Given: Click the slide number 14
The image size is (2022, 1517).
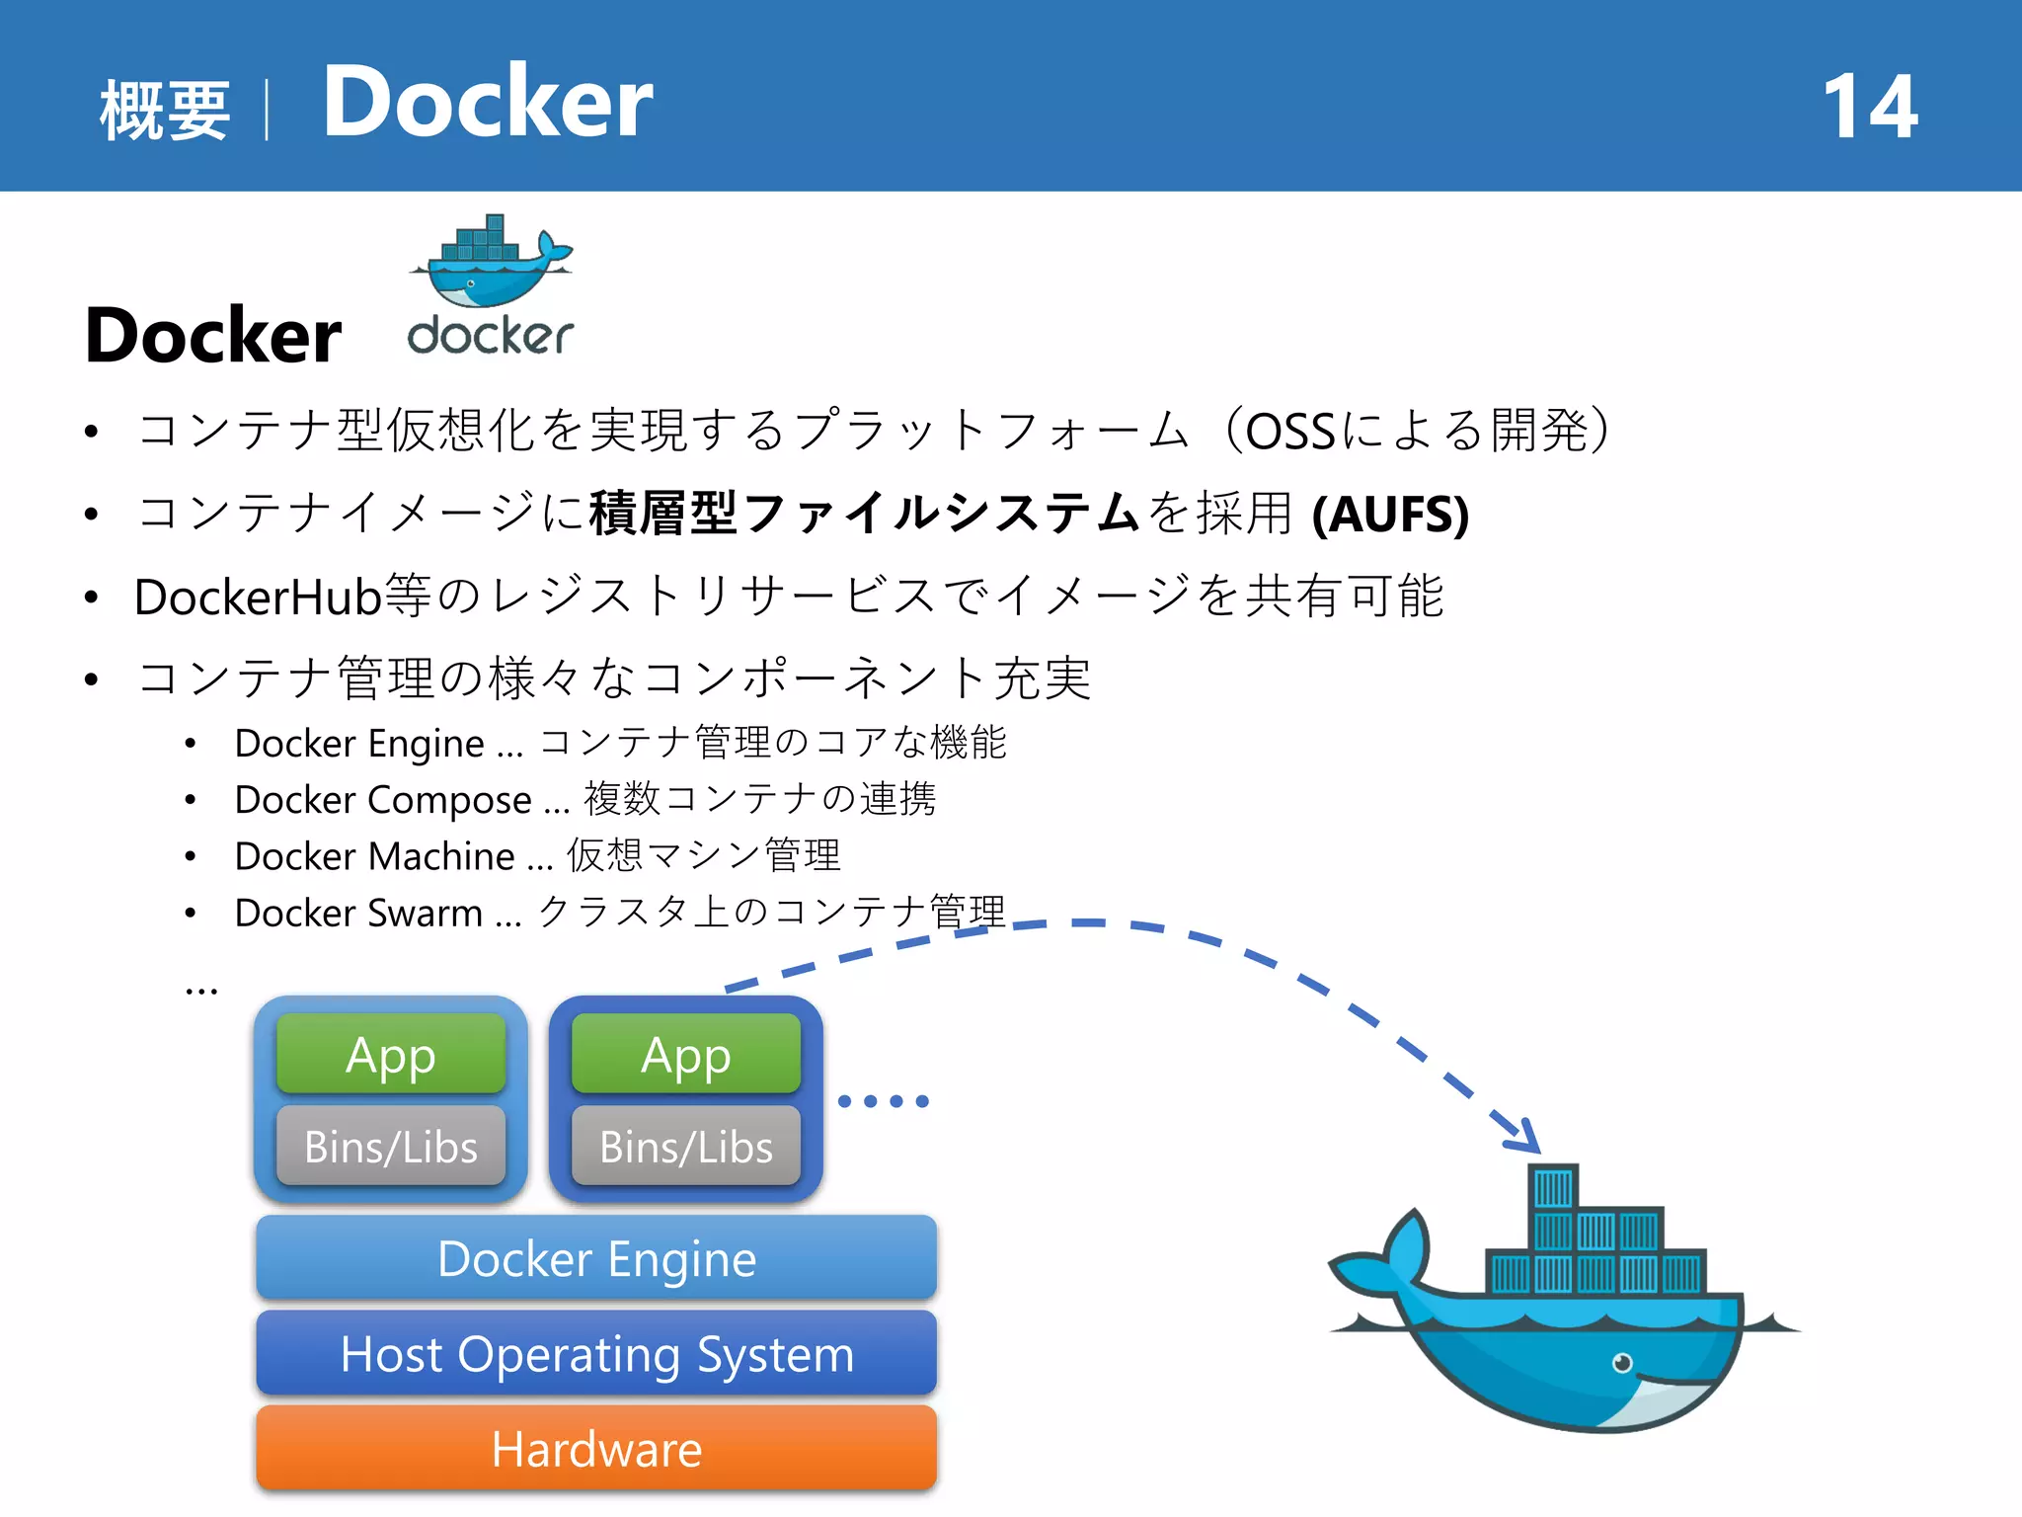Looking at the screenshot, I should coord(1869,107).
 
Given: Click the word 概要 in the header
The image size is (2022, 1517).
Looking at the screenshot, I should coord(165,110).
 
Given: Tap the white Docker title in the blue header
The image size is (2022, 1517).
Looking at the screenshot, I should coord(488,102).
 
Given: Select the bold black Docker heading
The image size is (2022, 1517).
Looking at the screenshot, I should coord(213,336).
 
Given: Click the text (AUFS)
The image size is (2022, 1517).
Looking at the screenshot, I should coord(1390,514).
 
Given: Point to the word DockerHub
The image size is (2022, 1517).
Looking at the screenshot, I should coord(258,597).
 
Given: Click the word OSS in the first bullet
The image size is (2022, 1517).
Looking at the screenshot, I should coord(1289,432).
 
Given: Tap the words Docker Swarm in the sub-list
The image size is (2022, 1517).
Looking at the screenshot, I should coord(358,913).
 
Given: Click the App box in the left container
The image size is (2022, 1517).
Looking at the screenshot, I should coord(391,1055).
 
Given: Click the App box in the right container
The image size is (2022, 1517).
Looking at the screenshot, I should coord(686,1055).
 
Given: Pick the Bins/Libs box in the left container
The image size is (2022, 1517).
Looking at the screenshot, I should coord(391,1147).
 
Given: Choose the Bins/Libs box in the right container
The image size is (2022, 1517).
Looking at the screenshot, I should coord(686,1147).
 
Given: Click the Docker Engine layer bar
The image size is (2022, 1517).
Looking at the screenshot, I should coord(596,1258).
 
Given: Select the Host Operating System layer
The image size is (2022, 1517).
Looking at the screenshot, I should coord(596,1353).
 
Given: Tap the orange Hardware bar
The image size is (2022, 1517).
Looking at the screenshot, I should coord(596,1449).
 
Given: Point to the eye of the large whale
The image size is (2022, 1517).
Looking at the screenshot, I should coord(1621,1363).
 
